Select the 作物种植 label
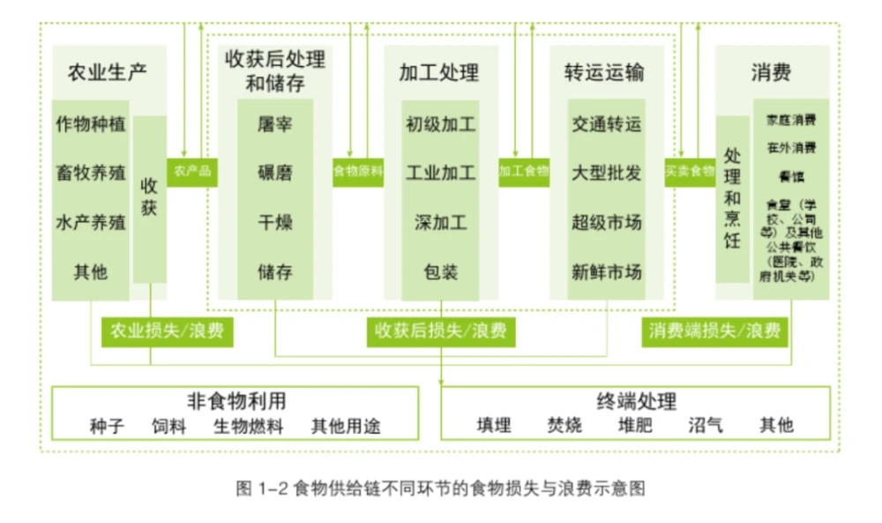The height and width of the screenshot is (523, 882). [x=90, y=123]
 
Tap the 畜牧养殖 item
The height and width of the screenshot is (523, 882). [x=90, y=172]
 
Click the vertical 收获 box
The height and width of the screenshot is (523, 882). [x=149, y=198]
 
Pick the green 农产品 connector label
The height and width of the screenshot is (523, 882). [x=192, y=171]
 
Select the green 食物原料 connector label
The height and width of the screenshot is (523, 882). [x=357, y=171]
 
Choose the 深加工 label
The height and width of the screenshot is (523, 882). [x=440, y=222]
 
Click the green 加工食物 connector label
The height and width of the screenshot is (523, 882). [x=523, y=171]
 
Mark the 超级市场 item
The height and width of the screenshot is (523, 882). [x=606, y=222]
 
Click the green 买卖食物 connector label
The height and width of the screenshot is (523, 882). [x=689, y=171]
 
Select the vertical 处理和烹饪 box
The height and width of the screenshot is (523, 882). [x=732, y=198]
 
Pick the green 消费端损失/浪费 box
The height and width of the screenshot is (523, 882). [x=714, y=332]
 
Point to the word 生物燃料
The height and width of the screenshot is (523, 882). [x=248, y=427]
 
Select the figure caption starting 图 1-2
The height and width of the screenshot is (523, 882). [x=441, y=488]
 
